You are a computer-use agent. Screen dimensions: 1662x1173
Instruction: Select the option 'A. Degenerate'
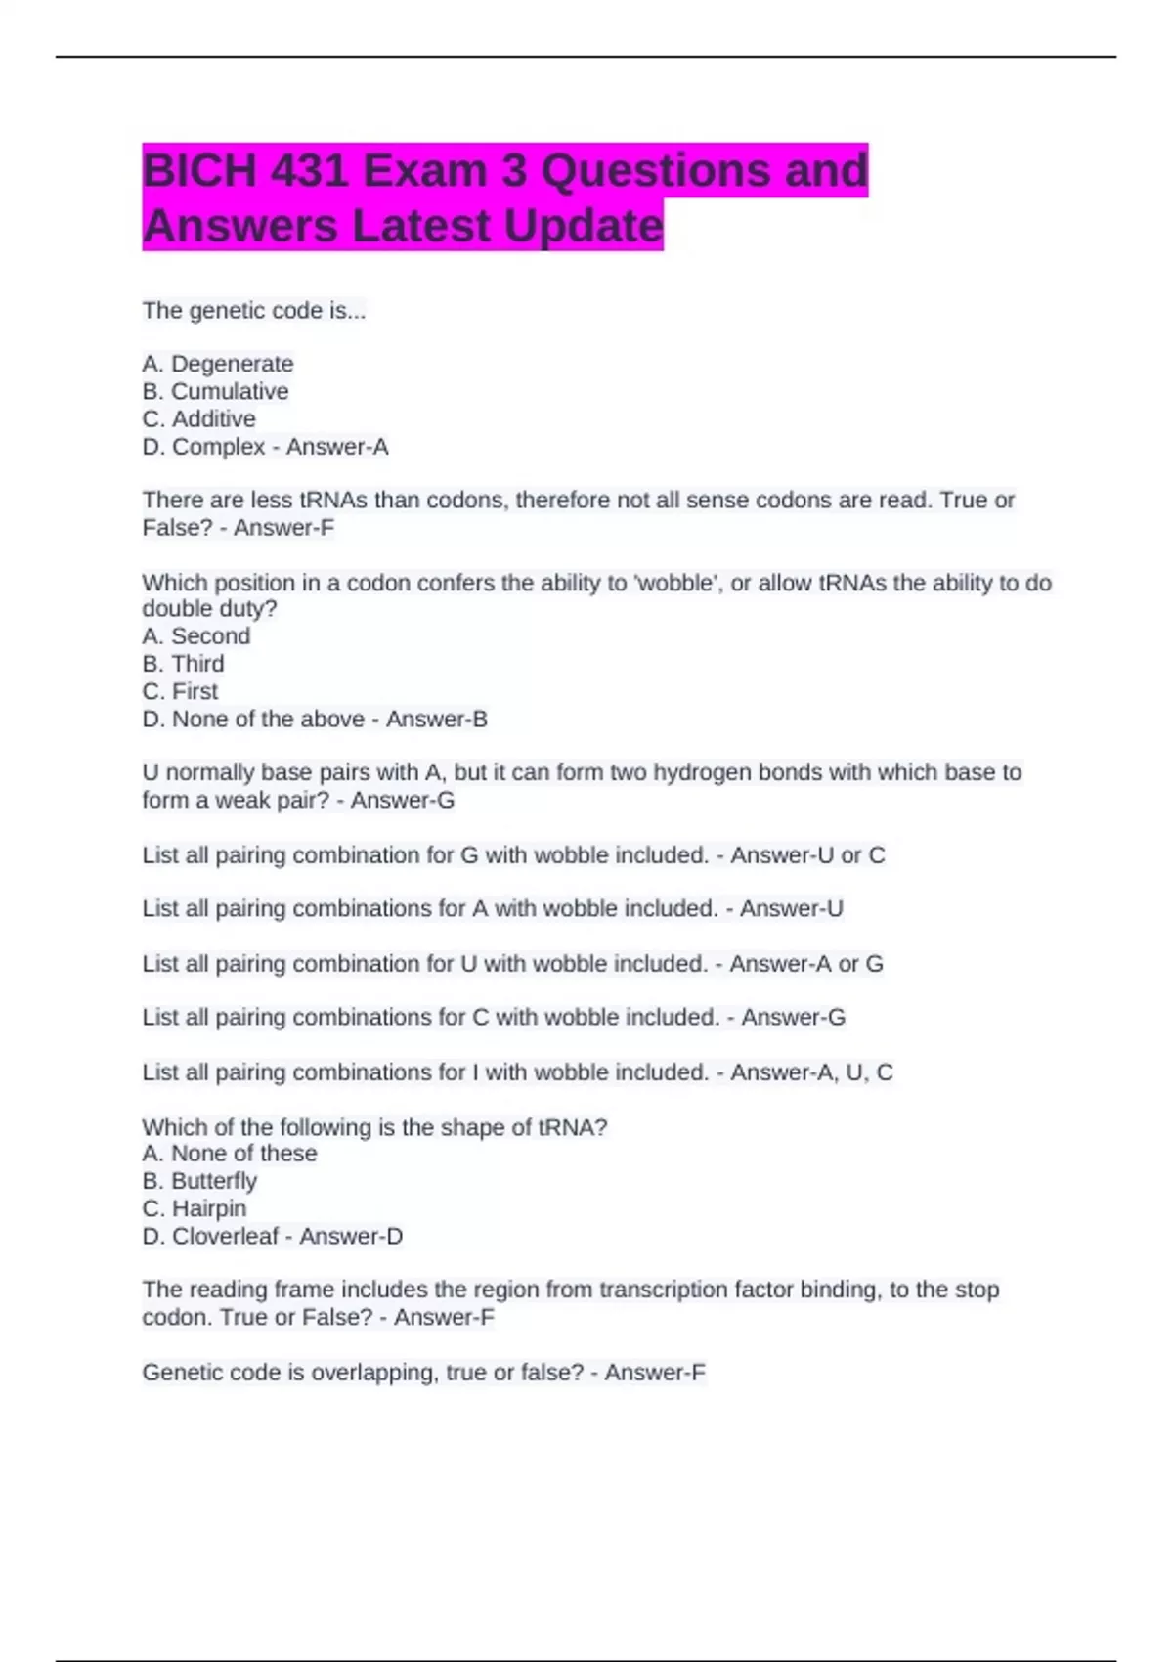point(218,364)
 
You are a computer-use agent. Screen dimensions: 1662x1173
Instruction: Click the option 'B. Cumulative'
point(215,391)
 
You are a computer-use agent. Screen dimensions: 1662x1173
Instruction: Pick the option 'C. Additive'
point(199,418)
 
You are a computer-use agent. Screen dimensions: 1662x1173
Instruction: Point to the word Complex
point(219,447)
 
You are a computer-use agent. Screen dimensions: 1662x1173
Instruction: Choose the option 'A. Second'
point(196,635)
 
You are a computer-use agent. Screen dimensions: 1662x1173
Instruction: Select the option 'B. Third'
point(184,664)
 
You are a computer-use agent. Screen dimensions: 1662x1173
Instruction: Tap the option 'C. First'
point(181,691)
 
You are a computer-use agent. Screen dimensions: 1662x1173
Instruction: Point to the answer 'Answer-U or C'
point(807,855)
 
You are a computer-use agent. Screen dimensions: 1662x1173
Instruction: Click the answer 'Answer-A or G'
point(806,964)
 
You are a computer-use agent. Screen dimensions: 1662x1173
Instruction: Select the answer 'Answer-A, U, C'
point(811,1072)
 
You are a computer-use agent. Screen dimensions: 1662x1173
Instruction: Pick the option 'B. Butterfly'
point(199,1181)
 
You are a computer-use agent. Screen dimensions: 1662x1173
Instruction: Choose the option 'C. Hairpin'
point(195,1208)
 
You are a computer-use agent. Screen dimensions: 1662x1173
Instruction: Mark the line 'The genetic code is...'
point(254,311)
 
